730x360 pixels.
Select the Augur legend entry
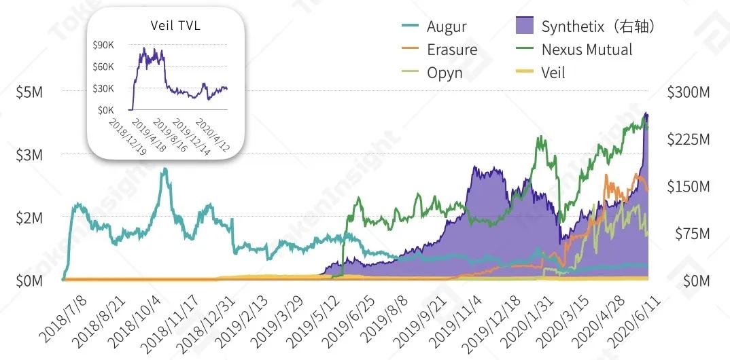(447, 27)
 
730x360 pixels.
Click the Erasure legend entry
(452, 50)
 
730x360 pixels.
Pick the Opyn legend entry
(445, 72)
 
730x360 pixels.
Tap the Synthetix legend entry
(597, 27)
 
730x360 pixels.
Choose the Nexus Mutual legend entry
(587, 50)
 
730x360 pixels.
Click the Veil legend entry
(553, 72)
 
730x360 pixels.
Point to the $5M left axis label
(29, 92)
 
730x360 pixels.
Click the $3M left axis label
(29, 155)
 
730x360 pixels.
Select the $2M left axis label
(29, 218)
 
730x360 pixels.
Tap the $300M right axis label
(687, 92)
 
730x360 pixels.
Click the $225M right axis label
(687, 139)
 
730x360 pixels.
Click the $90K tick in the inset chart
(103, 45)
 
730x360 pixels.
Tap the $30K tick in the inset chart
(103, 88)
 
